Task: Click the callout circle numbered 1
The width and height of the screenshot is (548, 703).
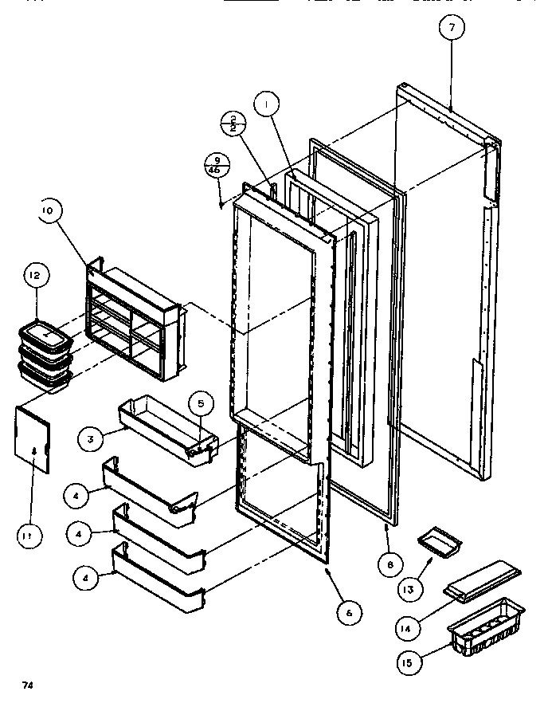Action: click(x=268, y=104)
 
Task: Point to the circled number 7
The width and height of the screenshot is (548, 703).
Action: click(x=452, y=28)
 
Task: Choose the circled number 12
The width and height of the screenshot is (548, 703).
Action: click(x=35, y=276)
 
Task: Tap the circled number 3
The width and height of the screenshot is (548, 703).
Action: click(x=92, y=438)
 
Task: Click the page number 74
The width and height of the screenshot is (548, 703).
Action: click(x=28, y=684)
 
